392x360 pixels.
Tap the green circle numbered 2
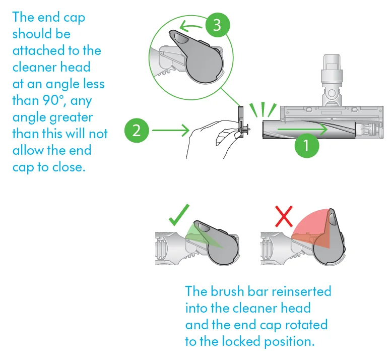pos(137,131)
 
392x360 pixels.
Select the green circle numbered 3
pos(217,25)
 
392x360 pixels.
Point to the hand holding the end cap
pos(207,141)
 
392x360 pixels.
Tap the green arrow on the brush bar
pos(302,129)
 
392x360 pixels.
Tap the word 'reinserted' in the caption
pos(301,291)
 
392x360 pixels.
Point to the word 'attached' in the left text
pos(35,51)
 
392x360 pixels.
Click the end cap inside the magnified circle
pos(197,61)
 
